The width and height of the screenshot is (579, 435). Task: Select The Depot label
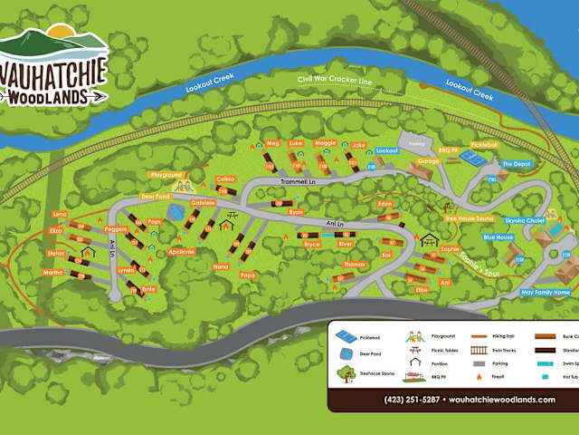pos(517,164)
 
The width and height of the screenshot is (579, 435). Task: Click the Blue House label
pos(498,237)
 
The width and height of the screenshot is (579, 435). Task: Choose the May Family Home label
pos(546,293)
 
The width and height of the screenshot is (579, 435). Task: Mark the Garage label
pos(428,160)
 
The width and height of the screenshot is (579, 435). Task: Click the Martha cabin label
pos(53,272)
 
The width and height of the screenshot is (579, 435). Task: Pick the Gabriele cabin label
pos(203,203)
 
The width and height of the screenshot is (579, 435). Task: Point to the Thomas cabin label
pos(355,264)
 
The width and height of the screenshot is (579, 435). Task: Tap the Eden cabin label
pos(385,204)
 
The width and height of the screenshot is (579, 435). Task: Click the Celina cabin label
pos(225,179)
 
